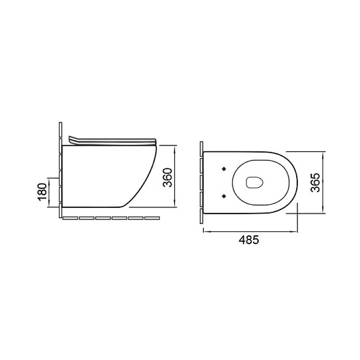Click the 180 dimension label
(x=43, y=192)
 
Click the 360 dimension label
(x=167, y=177)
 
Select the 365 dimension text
(x=315, y=183)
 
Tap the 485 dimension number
(x=249, y=240)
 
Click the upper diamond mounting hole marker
(x=224, y=169)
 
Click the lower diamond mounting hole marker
(x=224, y=196)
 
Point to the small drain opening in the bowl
(x=254, y=183)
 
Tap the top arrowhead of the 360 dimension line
(x=175, y=148)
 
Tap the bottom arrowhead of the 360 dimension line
(x=175, y=204)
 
